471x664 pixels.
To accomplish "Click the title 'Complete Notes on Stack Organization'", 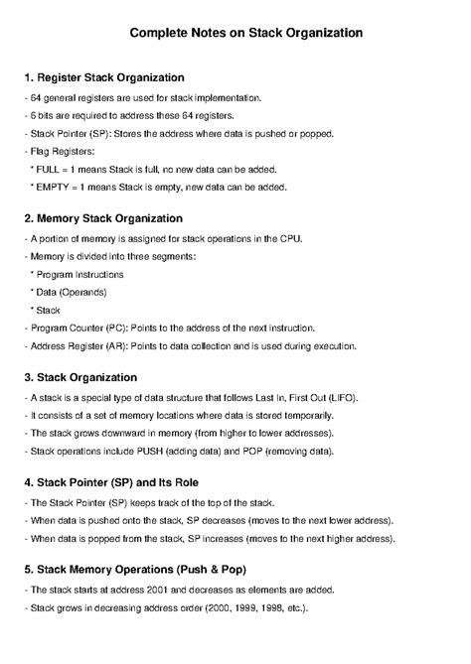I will (245, 33).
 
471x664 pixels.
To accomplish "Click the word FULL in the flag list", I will (50, 170).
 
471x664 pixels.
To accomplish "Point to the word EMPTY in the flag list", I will (55, 187).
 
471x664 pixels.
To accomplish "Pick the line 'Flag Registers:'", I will (59, 152).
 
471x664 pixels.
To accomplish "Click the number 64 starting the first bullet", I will (36, 98).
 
